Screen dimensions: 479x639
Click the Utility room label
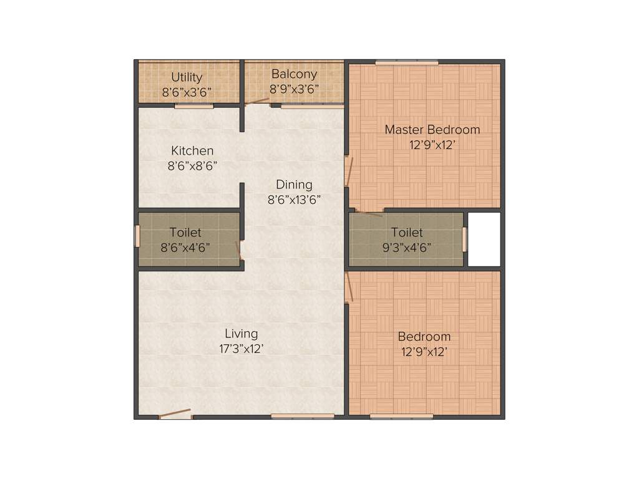coord(187,77)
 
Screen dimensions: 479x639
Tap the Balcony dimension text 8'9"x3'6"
coord(295,89)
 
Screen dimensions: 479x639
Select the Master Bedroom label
coord(432,130)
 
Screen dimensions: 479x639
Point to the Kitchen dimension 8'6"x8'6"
coord(192,166)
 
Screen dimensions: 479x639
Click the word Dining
coord(294,185)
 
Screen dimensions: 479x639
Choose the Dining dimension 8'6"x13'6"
coord(294,200)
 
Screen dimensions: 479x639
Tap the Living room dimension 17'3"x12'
coord(241,349)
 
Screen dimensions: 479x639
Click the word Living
coord(241,334)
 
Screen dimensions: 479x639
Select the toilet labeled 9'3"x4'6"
coord(406,239)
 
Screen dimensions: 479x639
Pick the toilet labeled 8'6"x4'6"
coord(185,239)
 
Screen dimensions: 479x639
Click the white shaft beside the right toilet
coord(484,239)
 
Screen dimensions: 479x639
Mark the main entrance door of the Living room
coord(175,414)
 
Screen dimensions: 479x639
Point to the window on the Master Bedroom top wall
coord(406,62)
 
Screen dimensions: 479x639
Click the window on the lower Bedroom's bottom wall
coord(401,417)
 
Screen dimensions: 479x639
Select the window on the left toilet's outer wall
coord(137,236)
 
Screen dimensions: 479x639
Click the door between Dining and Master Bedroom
coord(349,172)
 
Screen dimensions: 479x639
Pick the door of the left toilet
coord(239,251)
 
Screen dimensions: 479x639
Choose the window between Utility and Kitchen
coord(193,106)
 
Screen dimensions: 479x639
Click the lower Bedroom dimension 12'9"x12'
coord(424,352)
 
